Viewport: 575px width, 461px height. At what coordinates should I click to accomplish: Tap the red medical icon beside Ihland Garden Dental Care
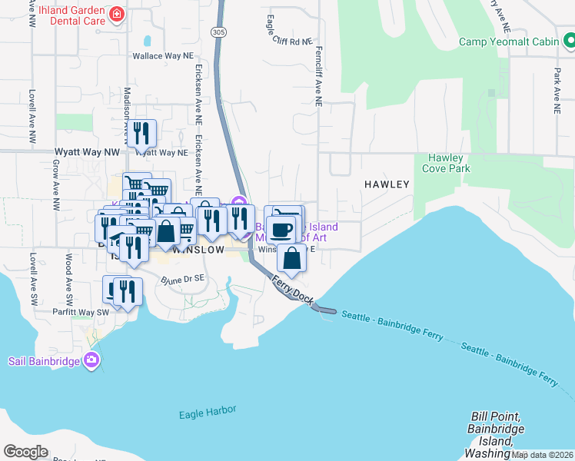click(x=116, y=14)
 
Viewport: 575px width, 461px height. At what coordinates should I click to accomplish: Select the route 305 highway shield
click(x=219, y=32)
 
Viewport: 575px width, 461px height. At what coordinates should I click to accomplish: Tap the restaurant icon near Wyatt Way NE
click(x=141, y=134)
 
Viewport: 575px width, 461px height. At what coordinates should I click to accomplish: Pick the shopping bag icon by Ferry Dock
click(x=292, y=258)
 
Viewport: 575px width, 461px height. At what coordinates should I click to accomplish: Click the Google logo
click(x=25, y=451)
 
